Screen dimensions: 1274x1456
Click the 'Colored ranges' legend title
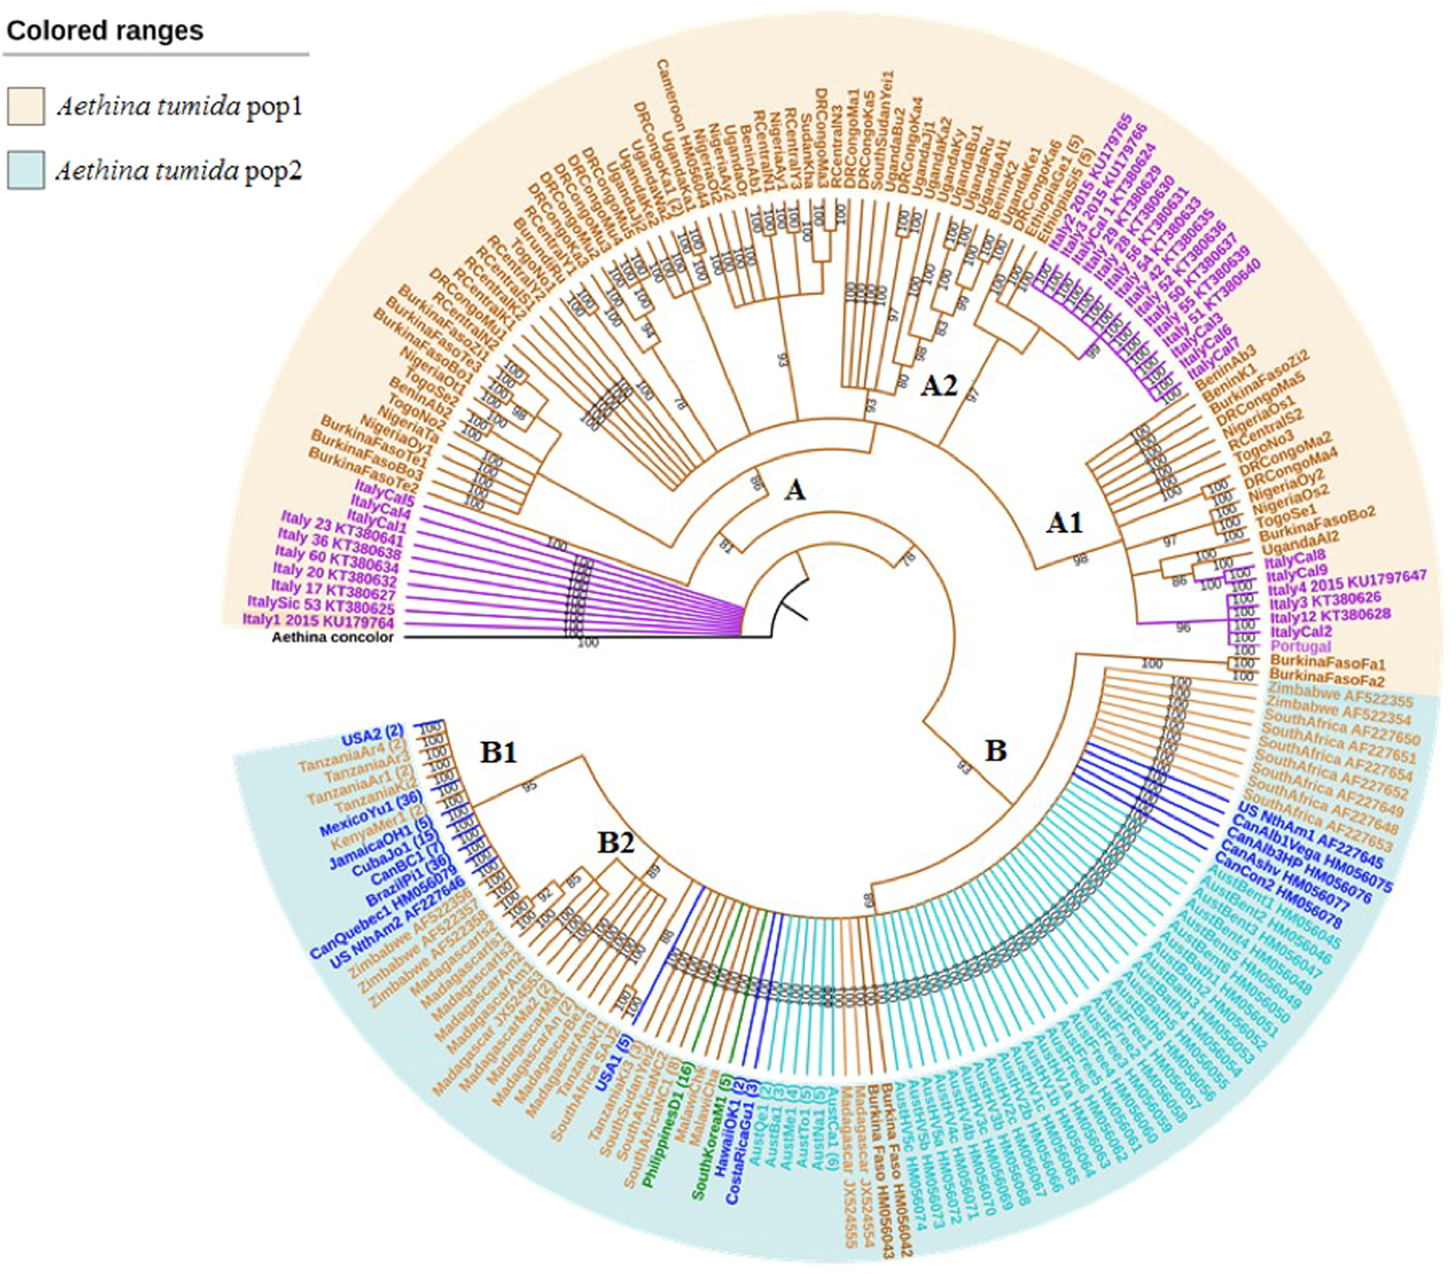105,31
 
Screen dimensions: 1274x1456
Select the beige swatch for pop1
26,106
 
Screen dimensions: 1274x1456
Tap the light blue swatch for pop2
26,170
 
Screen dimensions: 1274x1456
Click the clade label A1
1064,524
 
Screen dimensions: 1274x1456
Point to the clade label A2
939,385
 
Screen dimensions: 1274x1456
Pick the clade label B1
498,752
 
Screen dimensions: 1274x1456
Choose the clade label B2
615,843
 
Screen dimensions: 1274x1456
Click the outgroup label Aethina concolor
333,637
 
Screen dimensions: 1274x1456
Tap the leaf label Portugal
1299,647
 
